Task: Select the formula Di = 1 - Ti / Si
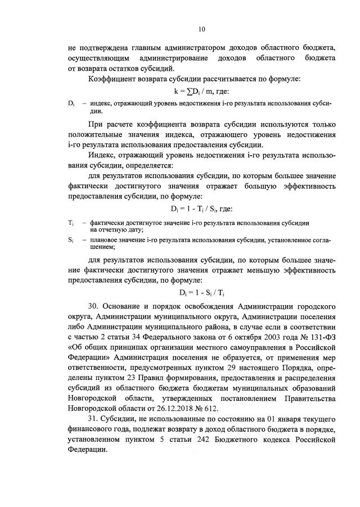(x=201, y=209)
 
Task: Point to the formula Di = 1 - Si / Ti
(x=201, y=292)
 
